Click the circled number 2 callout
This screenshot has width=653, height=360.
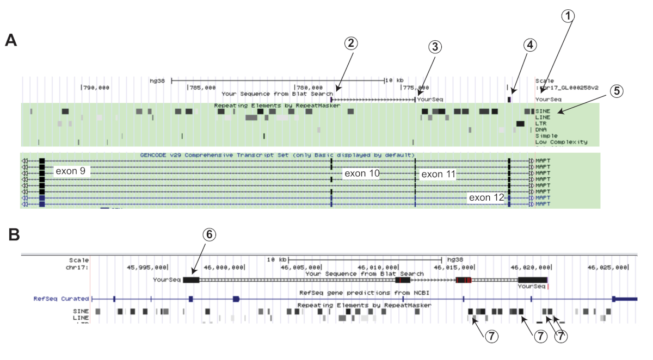[352, 45]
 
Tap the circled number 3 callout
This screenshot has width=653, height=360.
[434, 47]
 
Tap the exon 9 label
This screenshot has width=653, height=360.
[70, 171]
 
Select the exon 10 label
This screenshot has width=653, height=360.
[361, 173]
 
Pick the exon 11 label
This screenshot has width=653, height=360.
[438, 174]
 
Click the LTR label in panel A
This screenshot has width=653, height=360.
[541, 123]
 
